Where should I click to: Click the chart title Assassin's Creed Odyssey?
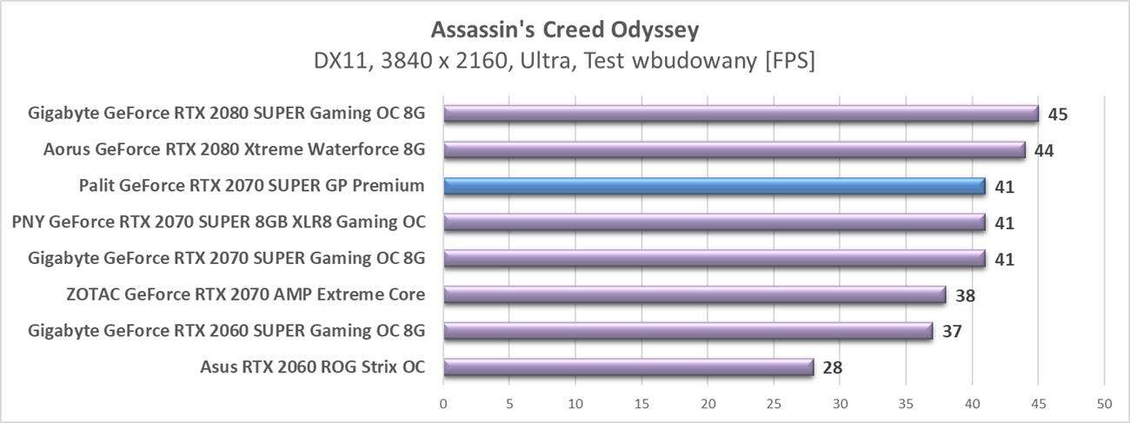click(x=564, y=30)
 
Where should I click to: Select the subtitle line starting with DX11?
click(x=564, y=62)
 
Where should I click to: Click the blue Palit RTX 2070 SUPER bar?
click(x=714, y=186)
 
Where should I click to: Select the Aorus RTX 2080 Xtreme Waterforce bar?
click(x=734, y=150)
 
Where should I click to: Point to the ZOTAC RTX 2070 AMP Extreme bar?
click(x=694, y=294)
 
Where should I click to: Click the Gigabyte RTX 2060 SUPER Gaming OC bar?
click(x=688, y=331)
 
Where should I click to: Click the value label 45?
click(x=1057, y=115)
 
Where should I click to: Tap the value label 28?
click(x=832, y=368)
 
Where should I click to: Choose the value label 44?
click(x=1044, y=151)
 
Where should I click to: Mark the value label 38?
click(x=965, y=295)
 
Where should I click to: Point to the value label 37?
click(x=951, y=332)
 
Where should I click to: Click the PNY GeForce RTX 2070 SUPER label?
click(x=219, y=222)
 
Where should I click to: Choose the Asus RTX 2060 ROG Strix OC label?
click(x=312, y=367)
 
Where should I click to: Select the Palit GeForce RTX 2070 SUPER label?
click(x=251, y=186)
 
